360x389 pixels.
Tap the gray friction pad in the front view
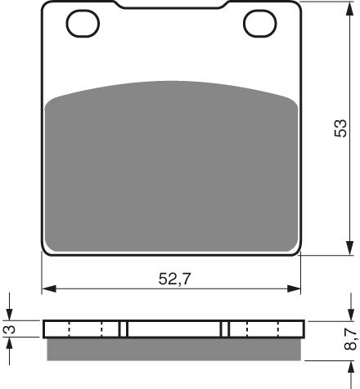[x=172, y=163]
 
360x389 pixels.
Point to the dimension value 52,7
[x=172, y=279]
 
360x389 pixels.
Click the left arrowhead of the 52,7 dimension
[x=47, y=288]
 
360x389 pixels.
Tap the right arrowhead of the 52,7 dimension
[x=296, y=288]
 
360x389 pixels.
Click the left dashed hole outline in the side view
[x=84, y=329]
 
